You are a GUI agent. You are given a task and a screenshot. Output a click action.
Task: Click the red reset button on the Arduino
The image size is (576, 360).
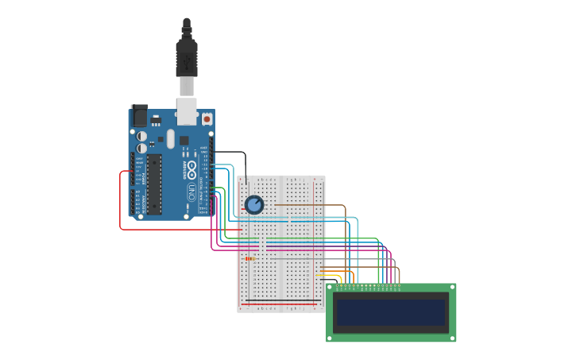point(207,118)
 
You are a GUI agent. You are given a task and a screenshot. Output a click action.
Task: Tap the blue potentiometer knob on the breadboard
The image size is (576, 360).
point(254,205)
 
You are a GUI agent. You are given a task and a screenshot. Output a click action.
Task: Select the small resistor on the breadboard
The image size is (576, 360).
point(250,258)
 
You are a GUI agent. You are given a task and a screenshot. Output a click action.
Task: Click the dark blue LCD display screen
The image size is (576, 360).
point(391,312)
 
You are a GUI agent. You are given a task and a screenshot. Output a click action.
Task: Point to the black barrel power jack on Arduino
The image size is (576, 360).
point(139,116)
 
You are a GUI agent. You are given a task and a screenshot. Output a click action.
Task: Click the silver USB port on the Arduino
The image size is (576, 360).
point(187,111)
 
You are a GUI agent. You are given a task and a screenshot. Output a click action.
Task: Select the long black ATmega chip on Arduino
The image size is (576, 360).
point(153,184)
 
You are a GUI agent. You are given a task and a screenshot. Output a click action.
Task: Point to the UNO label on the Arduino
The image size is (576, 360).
point(191,192)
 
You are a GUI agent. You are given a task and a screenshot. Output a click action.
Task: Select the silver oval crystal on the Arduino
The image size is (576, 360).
point(170,139)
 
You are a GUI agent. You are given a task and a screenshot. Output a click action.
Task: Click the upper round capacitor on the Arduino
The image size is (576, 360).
point(141,137)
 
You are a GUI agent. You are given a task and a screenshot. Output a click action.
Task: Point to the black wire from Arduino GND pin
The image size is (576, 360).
point(230,152)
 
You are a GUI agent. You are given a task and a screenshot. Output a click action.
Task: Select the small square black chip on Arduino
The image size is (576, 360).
point(184,141)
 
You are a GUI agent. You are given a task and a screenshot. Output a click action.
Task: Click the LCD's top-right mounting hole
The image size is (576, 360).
point(452,288)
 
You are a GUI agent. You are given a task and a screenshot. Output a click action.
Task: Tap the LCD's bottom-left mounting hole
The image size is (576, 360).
point(330,338)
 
